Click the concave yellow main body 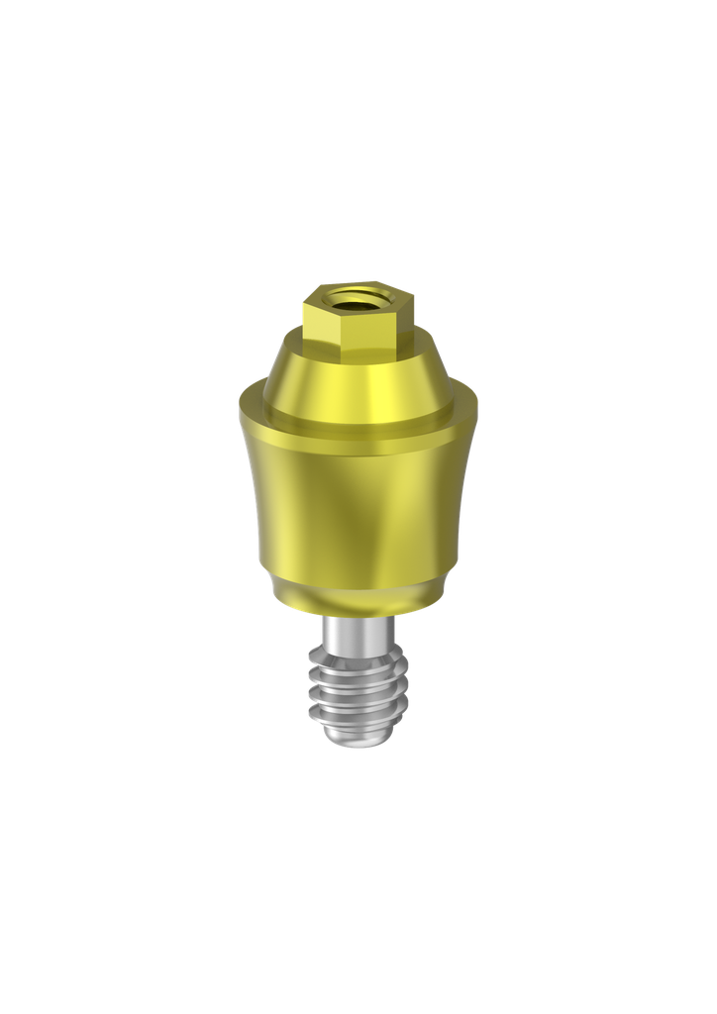[357, 505]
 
